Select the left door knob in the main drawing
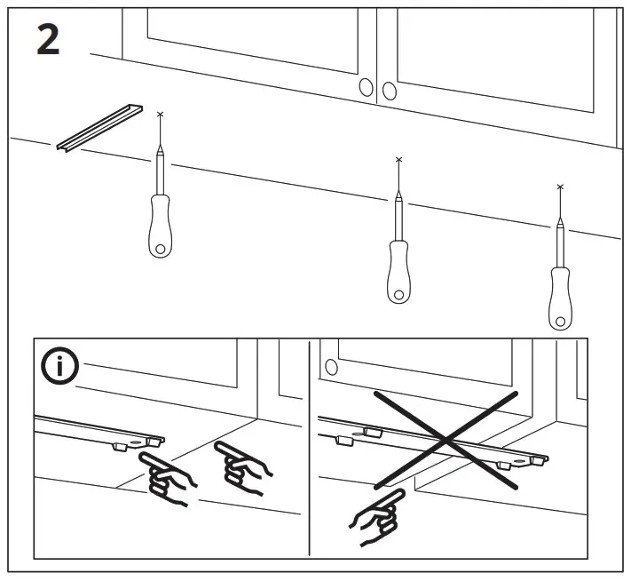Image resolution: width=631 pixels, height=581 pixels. [x=366, y=87]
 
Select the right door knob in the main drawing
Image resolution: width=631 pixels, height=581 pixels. [x=389, y=90]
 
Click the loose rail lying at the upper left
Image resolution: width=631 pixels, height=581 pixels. [x=99, y=125]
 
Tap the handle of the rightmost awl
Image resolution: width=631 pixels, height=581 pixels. [x=559, y=298]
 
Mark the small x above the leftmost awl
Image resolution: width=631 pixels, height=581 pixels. [x=160, y=115]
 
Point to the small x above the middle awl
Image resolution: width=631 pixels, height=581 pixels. [x=398, y=160]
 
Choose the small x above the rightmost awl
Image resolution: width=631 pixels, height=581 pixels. [x=559, y=187]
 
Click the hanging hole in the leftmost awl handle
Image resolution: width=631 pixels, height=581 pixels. [x=159, y=249]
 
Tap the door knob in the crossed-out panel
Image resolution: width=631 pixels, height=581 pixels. [x=331, y=367]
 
